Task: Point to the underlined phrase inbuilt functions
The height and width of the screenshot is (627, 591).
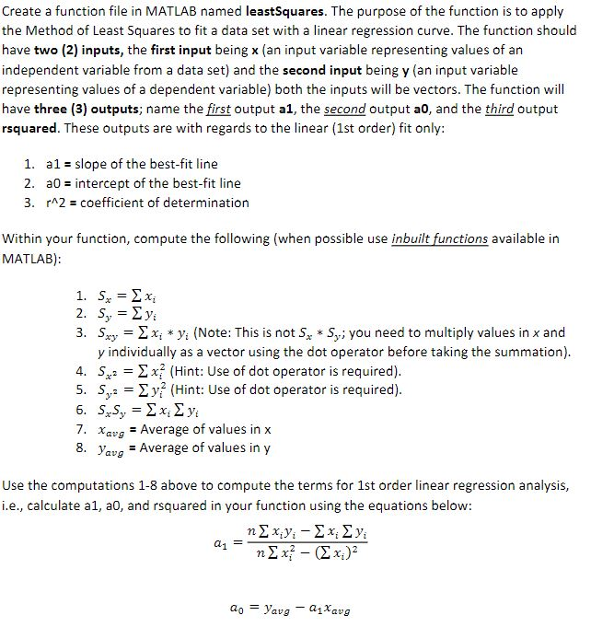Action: coord(440,239)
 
